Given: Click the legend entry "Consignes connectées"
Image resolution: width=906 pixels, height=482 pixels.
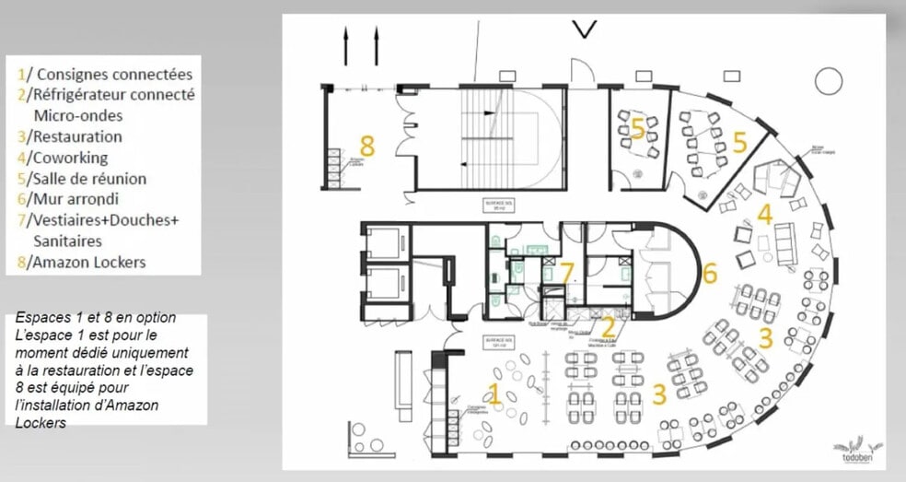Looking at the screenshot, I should [x=107, y=73].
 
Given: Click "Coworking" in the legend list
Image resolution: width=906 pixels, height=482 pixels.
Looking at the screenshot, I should [x=68, y=158].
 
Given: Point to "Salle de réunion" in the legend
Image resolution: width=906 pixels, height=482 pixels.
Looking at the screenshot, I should [x=87, y=179].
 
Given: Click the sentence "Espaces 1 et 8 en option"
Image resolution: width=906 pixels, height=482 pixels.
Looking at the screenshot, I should [x=97, y=318].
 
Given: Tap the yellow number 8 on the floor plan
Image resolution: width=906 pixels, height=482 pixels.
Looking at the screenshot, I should [x=367, y=146].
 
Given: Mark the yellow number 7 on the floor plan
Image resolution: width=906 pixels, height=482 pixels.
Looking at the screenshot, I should [x=566, y=273].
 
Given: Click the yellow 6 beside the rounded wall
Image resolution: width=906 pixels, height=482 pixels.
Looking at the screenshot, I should [x=709, y=273].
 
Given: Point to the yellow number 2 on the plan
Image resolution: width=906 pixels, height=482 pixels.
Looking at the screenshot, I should [x=608, y=327].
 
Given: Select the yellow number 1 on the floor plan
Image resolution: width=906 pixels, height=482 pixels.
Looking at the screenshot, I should [x=494, y=394].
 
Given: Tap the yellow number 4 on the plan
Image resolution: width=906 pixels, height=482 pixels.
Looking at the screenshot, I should [x=764, y=215].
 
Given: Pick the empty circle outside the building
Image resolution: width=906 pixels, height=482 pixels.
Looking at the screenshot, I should [x=828, y=81].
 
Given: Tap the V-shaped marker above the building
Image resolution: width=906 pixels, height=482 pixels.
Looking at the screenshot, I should [x=583, y=29].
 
